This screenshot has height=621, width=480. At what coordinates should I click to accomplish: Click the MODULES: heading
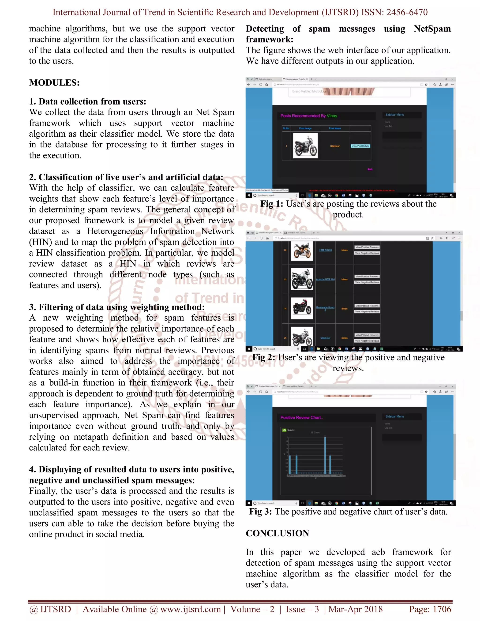pyautogui.click(x=54, y=83)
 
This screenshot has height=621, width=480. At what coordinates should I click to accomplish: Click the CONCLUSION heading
pyautogui.click(x=277, y=533)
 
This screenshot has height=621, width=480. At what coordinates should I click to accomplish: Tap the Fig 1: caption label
pyautogui.click(x=272, y=204)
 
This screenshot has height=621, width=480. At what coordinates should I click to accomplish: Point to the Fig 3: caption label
pyautogui.click(x=260, y=512)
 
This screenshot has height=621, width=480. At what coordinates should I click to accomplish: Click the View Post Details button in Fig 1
pyautogui.click(x=360, y=146)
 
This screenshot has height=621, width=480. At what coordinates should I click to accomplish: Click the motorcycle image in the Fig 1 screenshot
pyautogui.click(x=305, y=146)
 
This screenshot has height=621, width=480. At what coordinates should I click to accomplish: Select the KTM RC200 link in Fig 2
pyautogui.click(x=325, y=250)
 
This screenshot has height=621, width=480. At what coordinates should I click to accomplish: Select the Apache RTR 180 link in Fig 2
pyautogui.click(x=325, y=279)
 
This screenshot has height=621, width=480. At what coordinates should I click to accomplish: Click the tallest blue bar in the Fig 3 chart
pyautogui.click(x=325, y=455)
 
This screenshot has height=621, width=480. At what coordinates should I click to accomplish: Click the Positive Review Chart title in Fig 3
pyautogui.click(x=301, y=417)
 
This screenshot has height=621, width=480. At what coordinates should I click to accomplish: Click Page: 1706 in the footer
pyautogui.click(x=430, y=609)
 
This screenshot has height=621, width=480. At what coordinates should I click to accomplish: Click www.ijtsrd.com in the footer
pyautogui.click(x=190, y=609)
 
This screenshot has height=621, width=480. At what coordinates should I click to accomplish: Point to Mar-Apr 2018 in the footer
pyautogui.click(x=356, y=609)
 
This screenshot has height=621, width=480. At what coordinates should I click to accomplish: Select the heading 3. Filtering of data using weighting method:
pyautogui.click(x=116, y=307)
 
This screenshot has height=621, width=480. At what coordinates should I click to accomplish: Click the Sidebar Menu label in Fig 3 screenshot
pyautogui.click(x=394, y=416)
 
